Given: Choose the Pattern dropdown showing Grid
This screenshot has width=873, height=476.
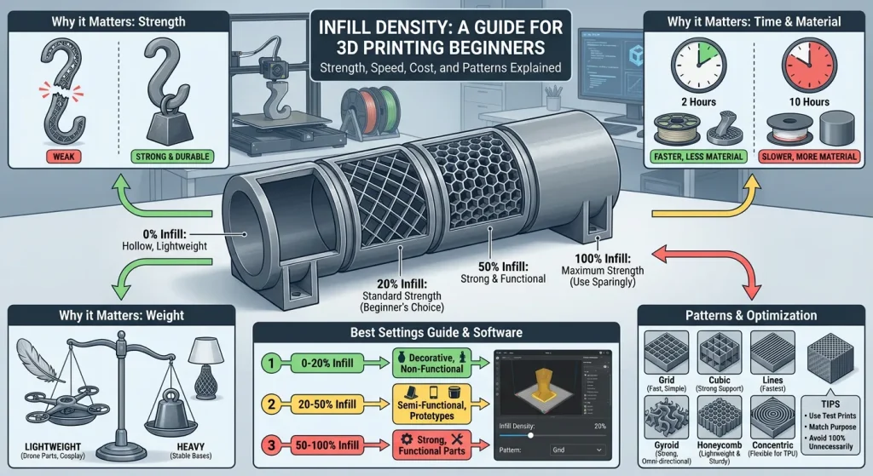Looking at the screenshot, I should (575, 449).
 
